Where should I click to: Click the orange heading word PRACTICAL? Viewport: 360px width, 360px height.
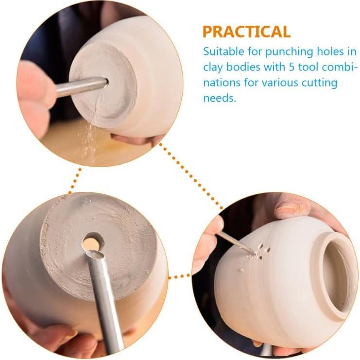tap(246, 32)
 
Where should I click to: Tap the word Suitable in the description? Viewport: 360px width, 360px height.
tap(223, 51)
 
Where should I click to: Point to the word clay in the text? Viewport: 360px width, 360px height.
tap(212, 67)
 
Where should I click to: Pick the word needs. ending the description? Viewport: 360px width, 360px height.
tap(219, 98)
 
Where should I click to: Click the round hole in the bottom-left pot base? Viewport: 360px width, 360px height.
tap(92, 241)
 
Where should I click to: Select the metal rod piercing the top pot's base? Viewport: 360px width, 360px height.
tap(80, 86)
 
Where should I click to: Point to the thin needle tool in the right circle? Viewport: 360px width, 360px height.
tap(236, 242)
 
